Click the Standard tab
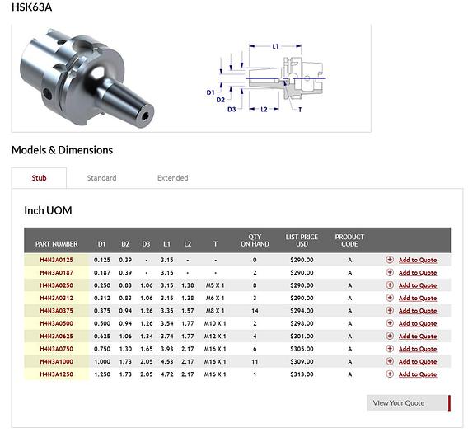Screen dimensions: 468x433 tap(101, 178)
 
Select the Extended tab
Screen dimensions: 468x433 tap(172, 178)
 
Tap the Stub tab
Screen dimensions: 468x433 tap(39, 178)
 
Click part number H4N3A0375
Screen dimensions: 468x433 tap(56, 311)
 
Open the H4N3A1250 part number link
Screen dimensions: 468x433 tap(56, 374)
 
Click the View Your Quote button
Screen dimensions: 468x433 tap(409, 402)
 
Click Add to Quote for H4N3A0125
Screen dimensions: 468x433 tap(418, 260)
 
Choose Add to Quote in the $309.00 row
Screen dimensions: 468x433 tap(418, 361)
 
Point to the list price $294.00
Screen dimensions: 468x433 tap(302, 311)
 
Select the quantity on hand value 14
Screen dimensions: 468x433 tap(255, 311)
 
